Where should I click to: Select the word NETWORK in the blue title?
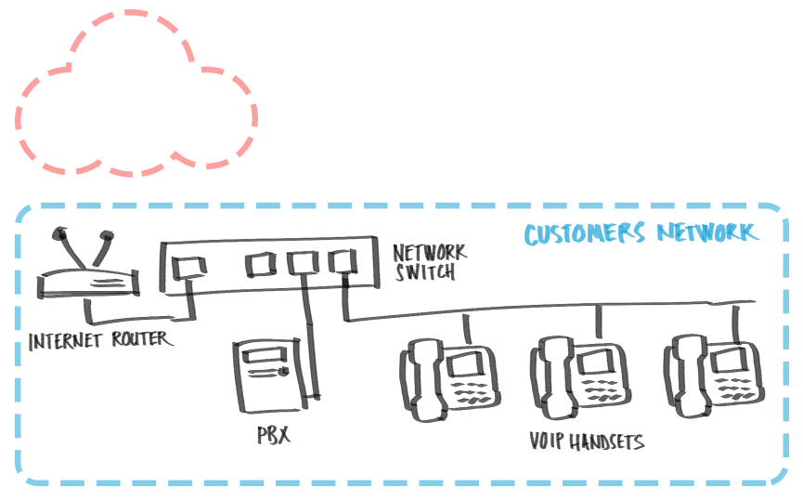coord(707,232)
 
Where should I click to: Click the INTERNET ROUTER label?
coord(100,339)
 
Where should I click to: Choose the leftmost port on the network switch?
coord(193,266)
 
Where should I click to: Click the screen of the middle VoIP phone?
coord(594,361)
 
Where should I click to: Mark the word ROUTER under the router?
coord(139,339)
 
